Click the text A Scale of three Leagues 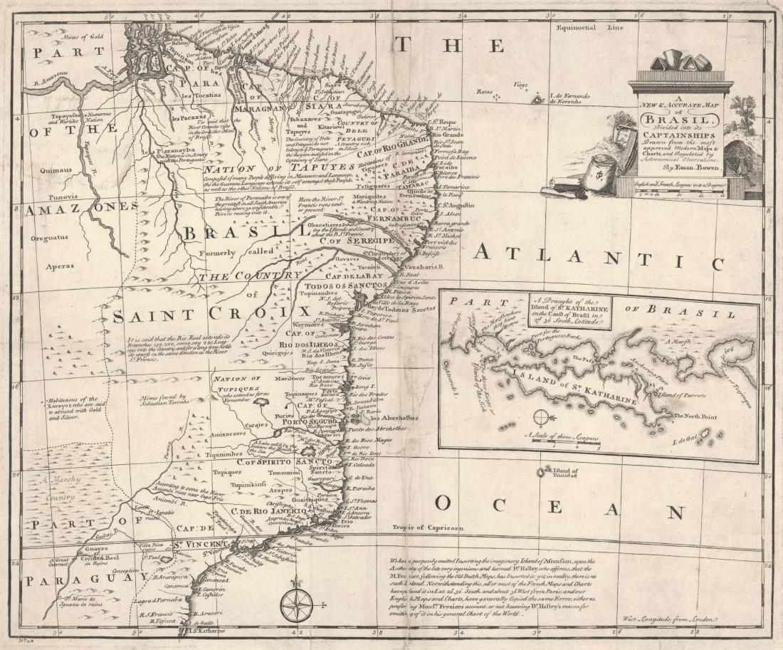tap(562, 435)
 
